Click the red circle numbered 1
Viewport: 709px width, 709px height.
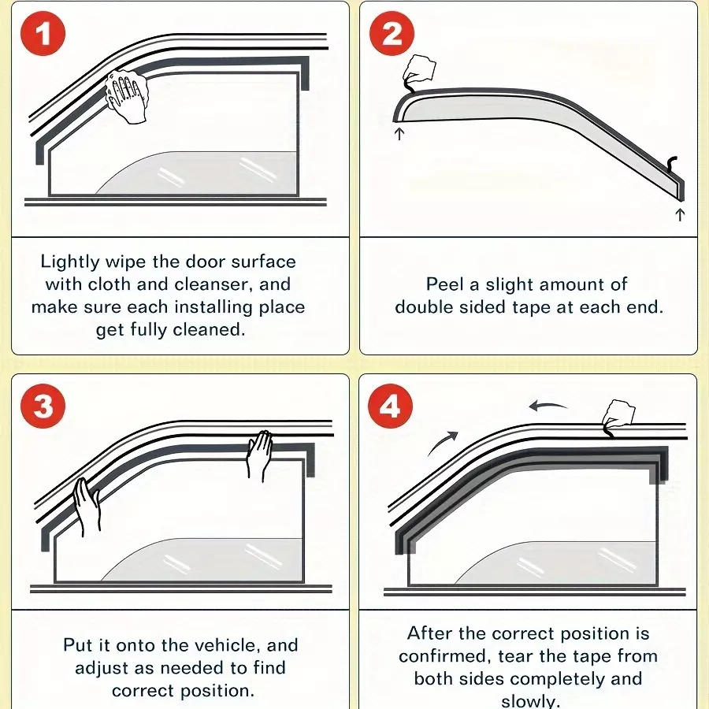[43, 34]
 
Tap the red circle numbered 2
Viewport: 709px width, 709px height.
[392, 34]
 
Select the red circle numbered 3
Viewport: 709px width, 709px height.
[43, 406]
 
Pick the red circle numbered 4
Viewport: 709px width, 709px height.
[390, 406]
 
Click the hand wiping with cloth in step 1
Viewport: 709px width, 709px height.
[127, 96]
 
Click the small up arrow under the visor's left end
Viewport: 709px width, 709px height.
[399, 134]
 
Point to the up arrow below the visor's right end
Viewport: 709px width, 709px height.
[680, 214]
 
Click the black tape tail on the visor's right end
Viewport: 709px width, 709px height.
[672, 165]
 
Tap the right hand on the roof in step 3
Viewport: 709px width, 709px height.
[259, 455]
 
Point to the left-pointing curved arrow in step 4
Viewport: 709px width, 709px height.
[548, 405]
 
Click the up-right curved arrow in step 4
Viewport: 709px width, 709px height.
[442, 443]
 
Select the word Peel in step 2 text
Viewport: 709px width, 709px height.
[445, 284]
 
